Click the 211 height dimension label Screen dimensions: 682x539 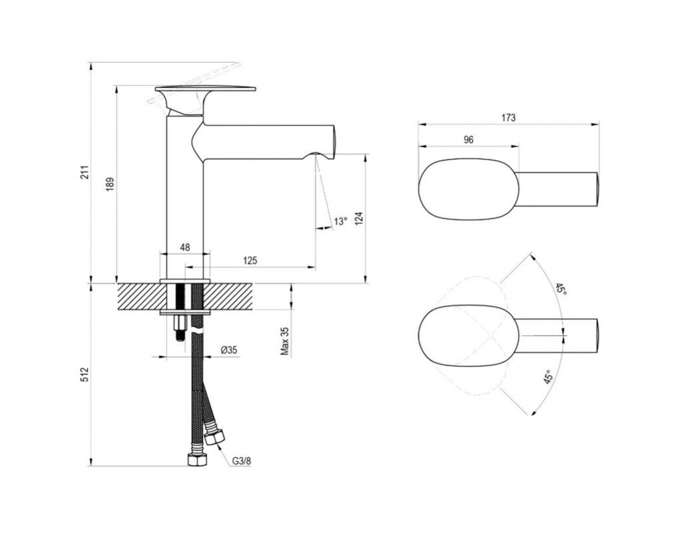click(x=85, y=172)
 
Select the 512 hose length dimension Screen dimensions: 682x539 click(x=85, y=374)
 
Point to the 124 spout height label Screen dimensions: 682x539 click(x=359, y=218)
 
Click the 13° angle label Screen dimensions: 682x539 click(x=340, y=221)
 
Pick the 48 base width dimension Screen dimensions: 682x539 click(x=185, y=247)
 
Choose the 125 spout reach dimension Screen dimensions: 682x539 click(x=250, y=260)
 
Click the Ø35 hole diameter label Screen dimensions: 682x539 click(x=229, y=350)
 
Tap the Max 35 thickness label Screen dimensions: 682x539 click(x=285, y=342)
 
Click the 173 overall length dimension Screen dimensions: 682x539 click(x=508, y=117)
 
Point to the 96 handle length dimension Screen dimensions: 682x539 click(x=468, y=140)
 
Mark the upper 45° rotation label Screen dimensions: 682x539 click(x=561, y=290)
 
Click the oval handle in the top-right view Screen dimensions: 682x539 click(x=469, y=189)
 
